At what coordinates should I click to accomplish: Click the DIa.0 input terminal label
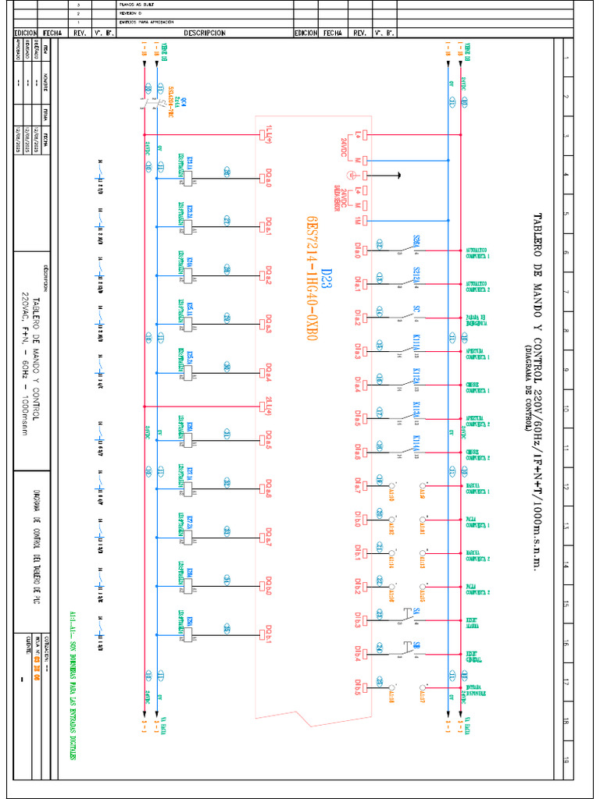(x=357, y=251)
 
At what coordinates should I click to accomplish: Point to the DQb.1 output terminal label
(x=268, y=630)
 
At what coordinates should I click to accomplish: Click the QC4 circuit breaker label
(x=177, y=101)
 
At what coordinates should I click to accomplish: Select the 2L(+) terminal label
(x=268, y=405)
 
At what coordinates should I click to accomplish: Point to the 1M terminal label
(x=357, y=221)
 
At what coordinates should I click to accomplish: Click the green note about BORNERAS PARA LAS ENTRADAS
(x=74, y=687)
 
